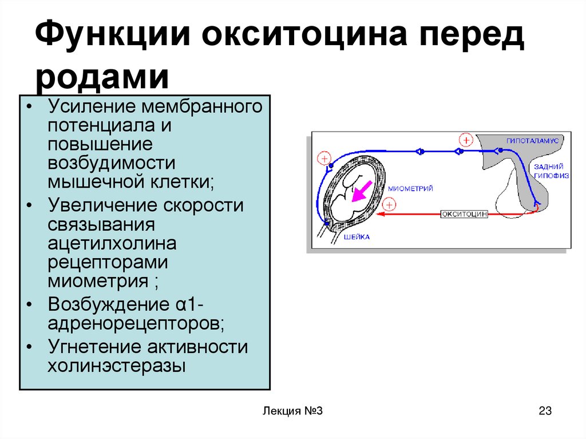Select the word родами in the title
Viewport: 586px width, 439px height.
click(x=102, y=78)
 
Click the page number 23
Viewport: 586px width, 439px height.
click(x=545, y=410)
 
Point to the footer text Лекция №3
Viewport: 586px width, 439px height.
click(x=292, y=410)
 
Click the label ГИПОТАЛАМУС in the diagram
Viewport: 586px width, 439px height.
click(x=532, y=141)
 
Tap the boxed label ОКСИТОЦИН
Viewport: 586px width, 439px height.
click(x=464, y=214)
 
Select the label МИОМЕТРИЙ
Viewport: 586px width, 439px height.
click(x=410, y=188)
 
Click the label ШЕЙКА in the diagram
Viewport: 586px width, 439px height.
click(x=357, y=237)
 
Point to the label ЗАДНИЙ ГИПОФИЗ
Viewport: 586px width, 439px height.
click(x=551, y=171)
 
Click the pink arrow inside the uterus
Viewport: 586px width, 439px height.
click(x=362, y=192)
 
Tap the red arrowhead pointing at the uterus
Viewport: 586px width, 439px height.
click(x=381, y=214)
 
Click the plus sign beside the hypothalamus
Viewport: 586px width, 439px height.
click(x=466, y=140)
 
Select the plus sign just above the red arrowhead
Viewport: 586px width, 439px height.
click(x=389, y=205)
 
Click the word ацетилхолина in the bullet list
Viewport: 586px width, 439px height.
click(x=112, y=243)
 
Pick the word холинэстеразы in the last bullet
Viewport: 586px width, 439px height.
click(x=117, y=366)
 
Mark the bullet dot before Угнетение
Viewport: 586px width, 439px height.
click(x=29, y=347)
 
